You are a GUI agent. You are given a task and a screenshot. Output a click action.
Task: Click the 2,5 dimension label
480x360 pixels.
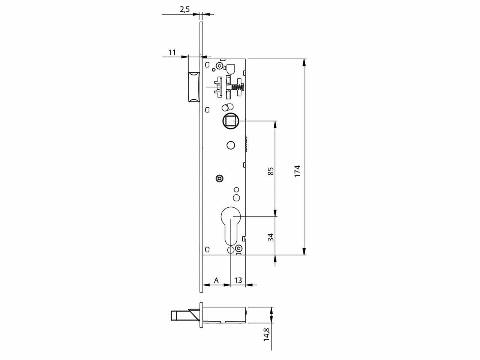click(184, 9)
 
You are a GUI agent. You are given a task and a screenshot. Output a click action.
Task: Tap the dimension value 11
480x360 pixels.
click(172, 52)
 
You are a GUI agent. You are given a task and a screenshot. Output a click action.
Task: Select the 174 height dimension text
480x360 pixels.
click(297, 171)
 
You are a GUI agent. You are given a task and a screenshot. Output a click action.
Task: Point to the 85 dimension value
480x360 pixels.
click(271, 171)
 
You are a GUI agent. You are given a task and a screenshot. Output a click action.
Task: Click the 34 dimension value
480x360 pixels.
click(271, 237)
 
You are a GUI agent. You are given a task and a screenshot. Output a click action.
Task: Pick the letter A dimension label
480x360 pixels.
click(216, 280)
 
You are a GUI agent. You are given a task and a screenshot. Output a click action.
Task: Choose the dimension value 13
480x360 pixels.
click(238, 280)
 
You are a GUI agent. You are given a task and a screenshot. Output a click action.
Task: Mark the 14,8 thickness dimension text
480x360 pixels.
click(267, 334)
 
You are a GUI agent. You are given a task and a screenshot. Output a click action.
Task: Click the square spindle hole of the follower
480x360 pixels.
click(231, 121)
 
